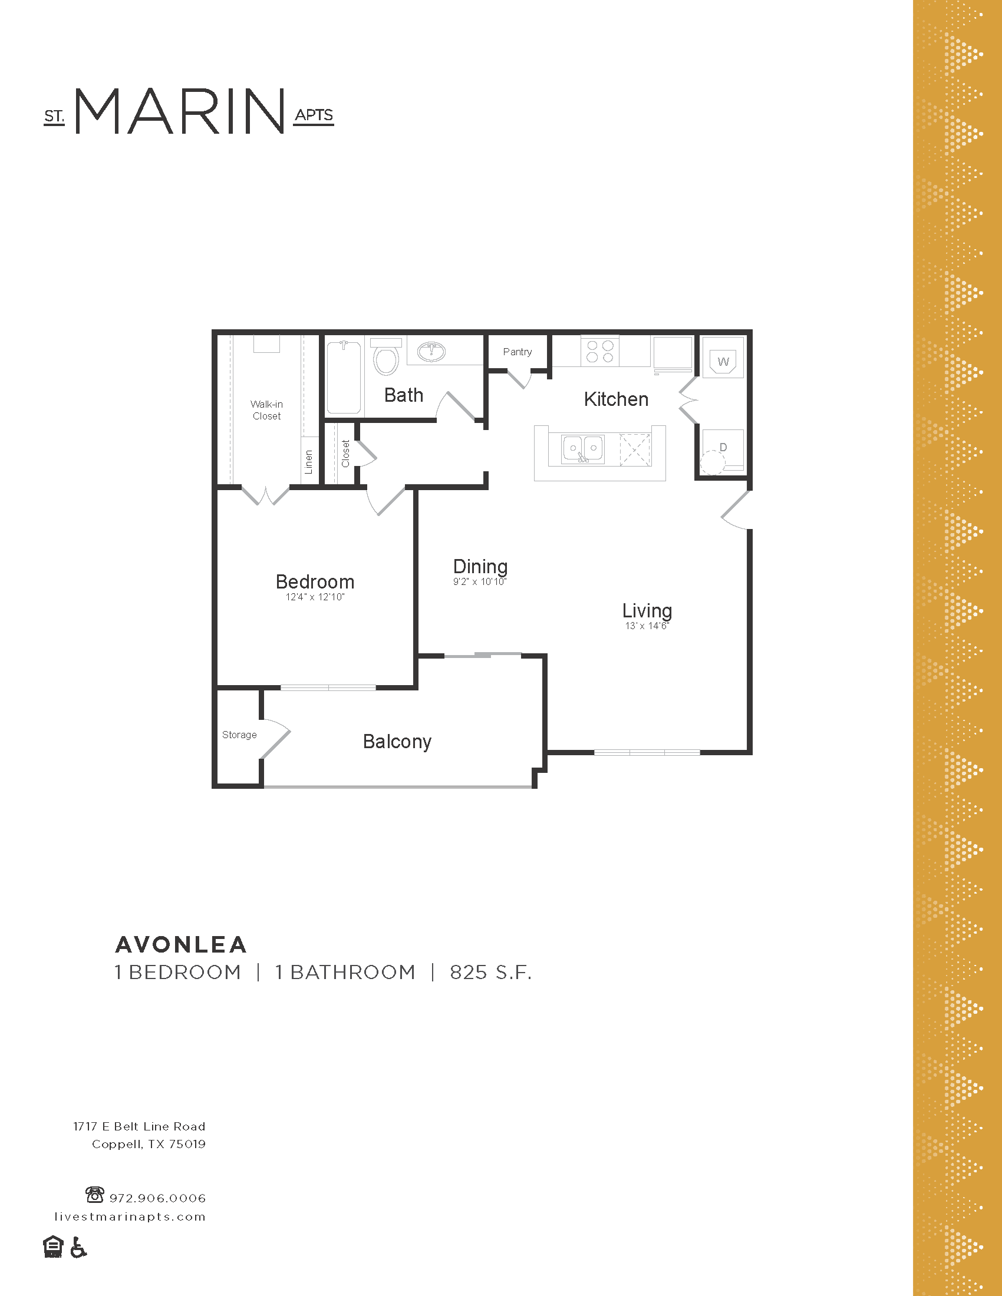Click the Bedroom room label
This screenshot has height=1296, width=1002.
pos(315,581)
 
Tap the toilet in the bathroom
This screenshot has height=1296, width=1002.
pos(386,357)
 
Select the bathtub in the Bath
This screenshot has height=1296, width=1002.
pos(344,377)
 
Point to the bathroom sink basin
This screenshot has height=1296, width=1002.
pos(431,351)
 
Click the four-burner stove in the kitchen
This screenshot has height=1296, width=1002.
pos(599,351)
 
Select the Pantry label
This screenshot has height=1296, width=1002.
pos(517,352)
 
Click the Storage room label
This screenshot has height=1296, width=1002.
pos(239,735)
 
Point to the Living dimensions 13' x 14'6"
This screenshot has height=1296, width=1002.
pos(647,626)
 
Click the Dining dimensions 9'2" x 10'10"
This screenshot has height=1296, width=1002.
pos(479,582)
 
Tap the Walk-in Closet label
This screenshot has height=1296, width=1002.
pos(266,410)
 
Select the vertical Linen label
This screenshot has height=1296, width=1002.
pos(309,462)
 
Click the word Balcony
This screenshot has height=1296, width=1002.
pos(397,742)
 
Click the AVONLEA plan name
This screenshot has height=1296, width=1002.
pos(181,945)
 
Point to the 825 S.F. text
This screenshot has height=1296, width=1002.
pos(490,973)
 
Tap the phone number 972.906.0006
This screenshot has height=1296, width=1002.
pos(157,1198)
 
